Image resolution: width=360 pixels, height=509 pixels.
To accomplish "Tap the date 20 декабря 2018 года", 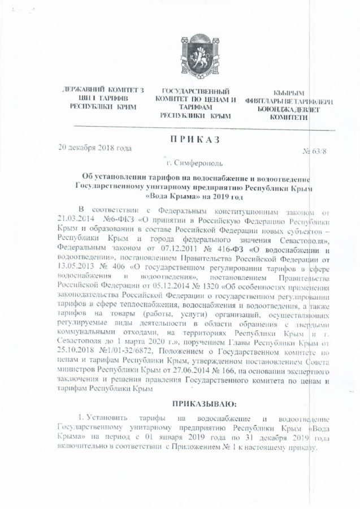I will pos(95,149).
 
